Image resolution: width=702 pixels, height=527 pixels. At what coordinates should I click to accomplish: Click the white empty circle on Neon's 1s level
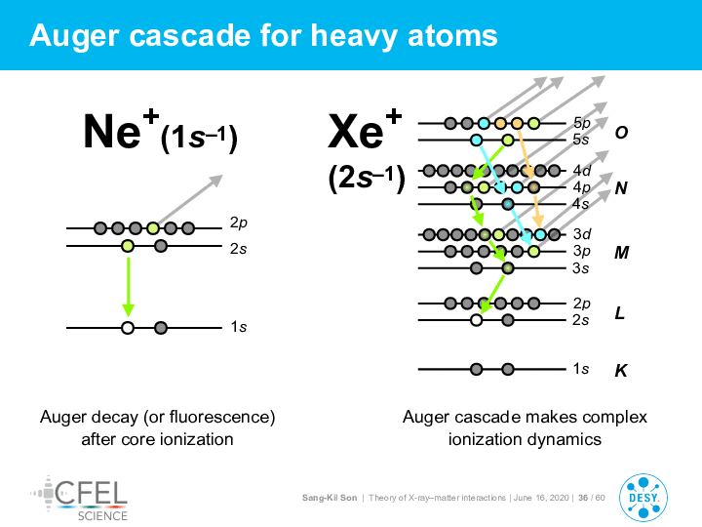(x=128, y=328)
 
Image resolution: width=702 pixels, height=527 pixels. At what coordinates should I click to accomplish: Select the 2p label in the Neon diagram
(x=239, y=223)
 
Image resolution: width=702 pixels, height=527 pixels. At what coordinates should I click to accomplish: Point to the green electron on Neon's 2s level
(x=128, y=246)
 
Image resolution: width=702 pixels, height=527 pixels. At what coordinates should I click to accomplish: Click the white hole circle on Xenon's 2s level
(x=477, y=320)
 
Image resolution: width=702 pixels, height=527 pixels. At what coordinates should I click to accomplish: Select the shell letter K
(x=620, y=370)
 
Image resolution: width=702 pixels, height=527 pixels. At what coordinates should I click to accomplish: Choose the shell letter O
(x=621, y=132)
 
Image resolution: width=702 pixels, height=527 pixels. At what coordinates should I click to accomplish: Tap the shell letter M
(x=621, y=253)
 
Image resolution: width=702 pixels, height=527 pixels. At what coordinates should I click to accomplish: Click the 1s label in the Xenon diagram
(x=581, y=368)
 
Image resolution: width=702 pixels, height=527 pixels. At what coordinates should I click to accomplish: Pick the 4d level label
(x=581, y=170)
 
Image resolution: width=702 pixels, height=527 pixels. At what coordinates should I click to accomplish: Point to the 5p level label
(x=581, y=123)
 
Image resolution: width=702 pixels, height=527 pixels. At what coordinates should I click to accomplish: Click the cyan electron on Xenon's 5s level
(x=477, y=141)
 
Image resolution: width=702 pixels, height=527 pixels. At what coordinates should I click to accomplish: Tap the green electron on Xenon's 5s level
(x=508, y=141)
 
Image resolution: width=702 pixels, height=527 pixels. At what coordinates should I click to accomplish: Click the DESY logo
(x=643, y=498)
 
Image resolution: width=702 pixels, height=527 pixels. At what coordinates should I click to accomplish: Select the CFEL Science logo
(x=79, y=499)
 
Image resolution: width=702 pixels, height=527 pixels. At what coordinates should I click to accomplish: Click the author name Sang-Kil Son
(x=330, y=498)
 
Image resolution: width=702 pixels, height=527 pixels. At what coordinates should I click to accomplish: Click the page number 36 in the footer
(x=583, y=498)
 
